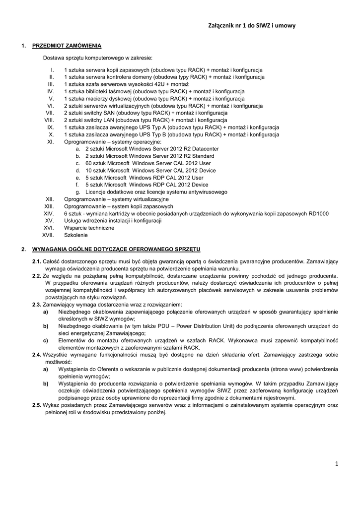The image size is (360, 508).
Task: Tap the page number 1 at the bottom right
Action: (x=336, y=463)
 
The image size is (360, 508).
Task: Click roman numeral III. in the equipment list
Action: (x=50, y=84)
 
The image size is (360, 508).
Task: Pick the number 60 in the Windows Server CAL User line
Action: (x=89, y=163)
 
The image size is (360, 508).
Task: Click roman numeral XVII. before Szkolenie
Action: (x=48, y=235)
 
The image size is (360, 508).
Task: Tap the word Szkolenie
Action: (x=75, y=235)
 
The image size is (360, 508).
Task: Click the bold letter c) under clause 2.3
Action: (x=46, y=340)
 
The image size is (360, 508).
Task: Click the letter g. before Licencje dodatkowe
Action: (x=78, y=191)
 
